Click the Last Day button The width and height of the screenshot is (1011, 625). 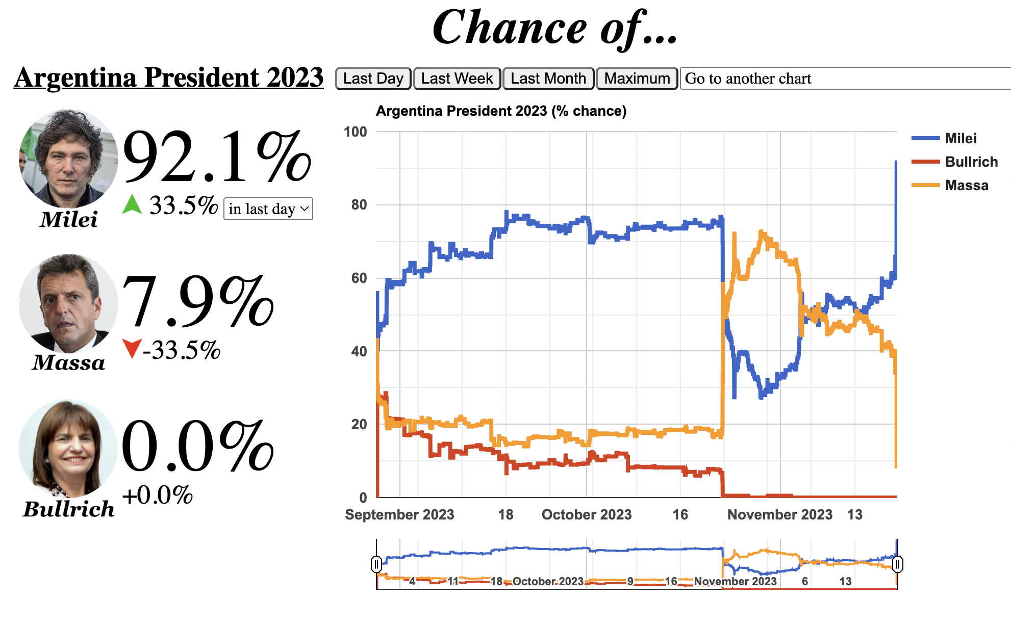click(373, 79)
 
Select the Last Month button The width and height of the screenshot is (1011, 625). click(548, 79)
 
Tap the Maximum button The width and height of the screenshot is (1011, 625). click(637, 79)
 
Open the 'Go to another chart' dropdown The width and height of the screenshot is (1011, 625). click(845, 79)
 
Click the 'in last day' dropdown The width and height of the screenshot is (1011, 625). click(268, 209)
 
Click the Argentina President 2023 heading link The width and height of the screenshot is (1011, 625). click(169, 77)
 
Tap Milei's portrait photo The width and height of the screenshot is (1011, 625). click(68, 158)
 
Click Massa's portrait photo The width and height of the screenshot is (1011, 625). click(68, 303)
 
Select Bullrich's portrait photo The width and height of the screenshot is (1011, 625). click(68, 448)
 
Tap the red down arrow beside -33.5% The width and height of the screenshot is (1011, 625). click(132, 349)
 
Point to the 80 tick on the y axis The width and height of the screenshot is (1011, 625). click(359, 205)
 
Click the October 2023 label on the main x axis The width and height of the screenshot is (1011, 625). click(587, 515)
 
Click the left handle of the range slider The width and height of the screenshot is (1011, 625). click(376, 564)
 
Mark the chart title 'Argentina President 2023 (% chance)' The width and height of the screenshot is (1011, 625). click(501, 111)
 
